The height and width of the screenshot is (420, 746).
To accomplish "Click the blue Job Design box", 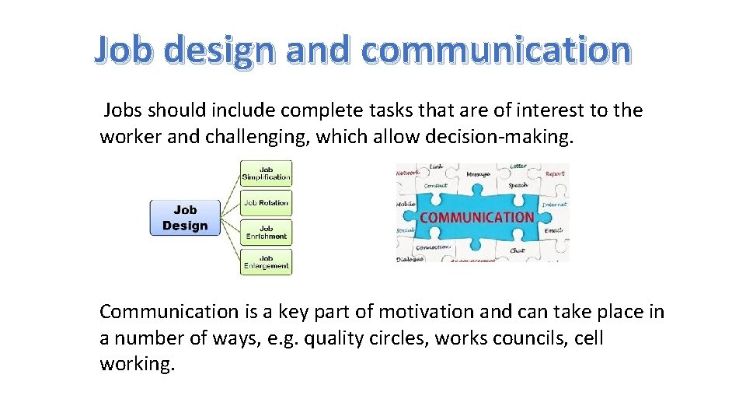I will pos(185,218).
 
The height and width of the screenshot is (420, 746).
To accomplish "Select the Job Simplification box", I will pos(266,173).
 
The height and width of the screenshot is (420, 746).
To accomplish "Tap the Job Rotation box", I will pos(266,204).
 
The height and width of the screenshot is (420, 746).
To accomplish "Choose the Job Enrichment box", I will pos(266,233).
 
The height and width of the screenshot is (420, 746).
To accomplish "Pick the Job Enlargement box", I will pos(266,262).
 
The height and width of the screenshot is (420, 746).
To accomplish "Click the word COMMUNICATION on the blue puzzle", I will pos(476,218).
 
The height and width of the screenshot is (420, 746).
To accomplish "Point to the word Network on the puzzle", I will pos(408,173).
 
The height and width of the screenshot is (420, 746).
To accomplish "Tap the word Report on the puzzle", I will pos(555,174).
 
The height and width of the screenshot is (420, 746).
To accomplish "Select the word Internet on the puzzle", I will pos(554,205).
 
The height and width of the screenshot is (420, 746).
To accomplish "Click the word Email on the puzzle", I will pos(553,230).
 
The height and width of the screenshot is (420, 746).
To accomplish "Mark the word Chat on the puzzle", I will pos(518,250).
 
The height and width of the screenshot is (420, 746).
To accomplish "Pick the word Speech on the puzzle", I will pos(518,186).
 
